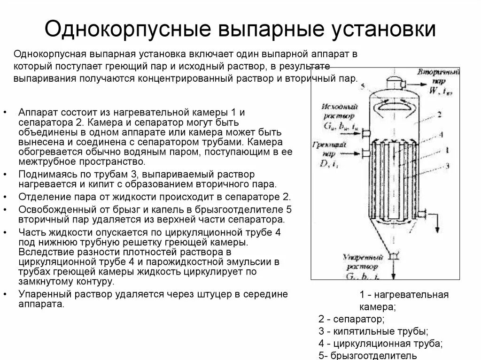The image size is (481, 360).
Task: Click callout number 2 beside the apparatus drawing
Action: pyautogui.click(x=438, y=114)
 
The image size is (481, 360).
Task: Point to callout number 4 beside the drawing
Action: pyautogui.click(x=440, y=135)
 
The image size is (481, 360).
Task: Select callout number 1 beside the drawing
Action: pyautogui.click(x=447, y=150)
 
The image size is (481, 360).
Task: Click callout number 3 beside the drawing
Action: pyautogui.click(x=447, y=165)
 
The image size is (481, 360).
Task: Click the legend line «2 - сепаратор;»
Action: pyautogui.click(x=351, y=320)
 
